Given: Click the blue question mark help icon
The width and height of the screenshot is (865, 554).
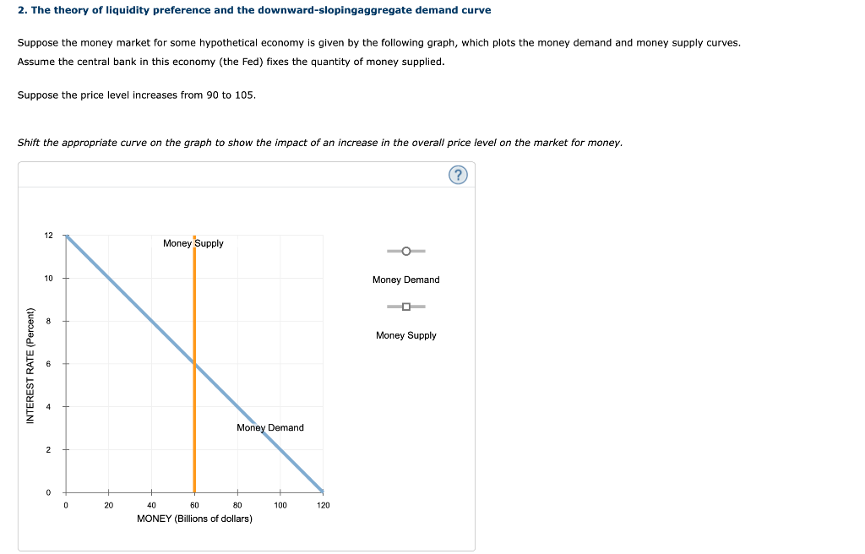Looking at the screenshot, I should point(458,175).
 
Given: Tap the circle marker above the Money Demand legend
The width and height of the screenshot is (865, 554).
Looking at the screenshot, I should point(406,251).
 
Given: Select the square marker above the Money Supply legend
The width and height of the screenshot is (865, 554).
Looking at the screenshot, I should point(406,307).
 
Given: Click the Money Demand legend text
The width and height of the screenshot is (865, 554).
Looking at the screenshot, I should point(405,280).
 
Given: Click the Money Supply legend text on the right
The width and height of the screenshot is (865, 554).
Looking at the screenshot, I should point(405,335).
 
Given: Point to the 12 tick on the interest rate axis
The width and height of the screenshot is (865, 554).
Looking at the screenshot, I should point(48,236).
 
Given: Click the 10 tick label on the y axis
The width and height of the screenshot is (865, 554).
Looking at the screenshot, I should point(48,279).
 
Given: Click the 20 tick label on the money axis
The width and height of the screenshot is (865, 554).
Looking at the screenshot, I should point(108,505).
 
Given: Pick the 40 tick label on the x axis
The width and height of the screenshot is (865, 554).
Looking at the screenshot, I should point(151,505).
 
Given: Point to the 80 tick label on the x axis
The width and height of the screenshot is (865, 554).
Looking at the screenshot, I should point(237,505).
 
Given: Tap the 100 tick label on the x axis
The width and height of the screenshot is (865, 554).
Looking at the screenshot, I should point(280,505).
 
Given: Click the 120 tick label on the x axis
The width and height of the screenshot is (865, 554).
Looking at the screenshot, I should point(323,505).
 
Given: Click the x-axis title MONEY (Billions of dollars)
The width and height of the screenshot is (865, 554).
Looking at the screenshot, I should point(194,519).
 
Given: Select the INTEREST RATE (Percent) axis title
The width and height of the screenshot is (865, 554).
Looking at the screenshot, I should point(30,364).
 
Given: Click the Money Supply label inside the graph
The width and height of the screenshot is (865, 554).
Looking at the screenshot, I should point(193,243).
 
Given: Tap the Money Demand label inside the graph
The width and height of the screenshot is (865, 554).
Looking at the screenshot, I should point(270,427).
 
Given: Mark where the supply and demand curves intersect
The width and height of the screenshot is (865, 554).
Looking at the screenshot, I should point(194,363).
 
